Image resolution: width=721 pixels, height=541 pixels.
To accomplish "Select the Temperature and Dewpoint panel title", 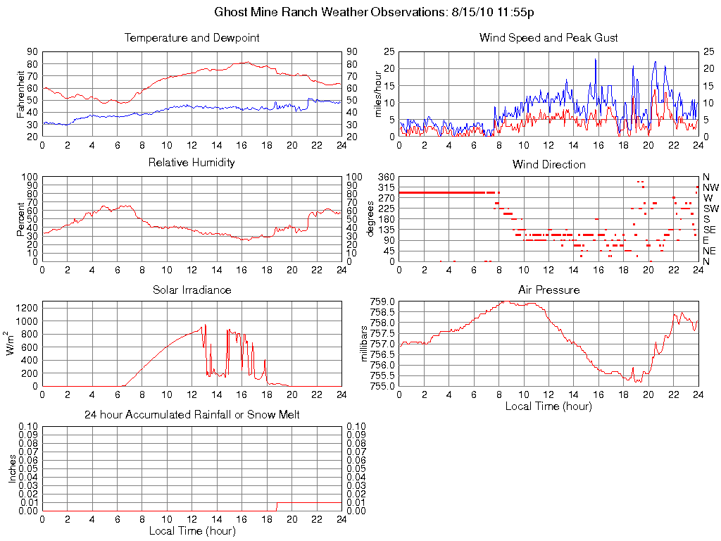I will (192, 38).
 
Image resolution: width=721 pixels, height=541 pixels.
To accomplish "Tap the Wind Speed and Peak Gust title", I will (548, 38).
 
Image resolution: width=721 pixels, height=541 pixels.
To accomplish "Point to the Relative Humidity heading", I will (192, 163).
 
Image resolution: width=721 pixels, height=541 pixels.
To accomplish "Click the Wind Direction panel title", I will (548, 165).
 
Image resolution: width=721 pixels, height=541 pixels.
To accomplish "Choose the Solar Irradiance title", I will (192, 290).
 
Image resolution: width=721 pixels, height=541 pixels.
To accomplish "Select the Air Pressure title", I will (548, 290).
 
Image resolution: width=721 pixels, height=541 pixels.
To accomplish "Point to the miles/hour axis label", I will (378, 94).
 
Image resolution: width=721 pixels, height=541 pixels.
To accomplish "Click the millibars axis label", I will (364, 343).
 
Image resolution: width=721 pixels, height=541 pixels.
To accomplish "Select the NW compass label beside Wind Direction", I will (710, 187).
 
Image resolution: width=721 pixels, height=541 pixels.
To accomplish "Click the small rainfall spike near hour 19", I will (277, 506).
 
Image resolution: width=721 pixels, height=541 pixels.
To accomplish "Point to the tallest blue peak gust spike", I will (596, 60).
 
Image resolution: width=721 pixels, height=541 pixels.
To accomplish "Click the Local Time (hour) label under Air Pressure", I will (548, 406).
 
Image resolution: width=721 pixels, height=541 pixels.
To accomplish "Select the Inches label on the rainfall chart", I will (13, 468).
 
